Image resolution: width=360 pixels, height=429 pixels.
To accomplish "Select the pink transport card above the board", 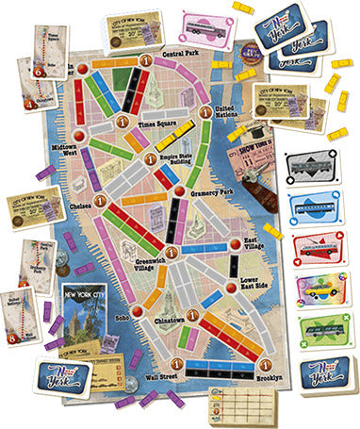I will (x=208, y=25).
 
